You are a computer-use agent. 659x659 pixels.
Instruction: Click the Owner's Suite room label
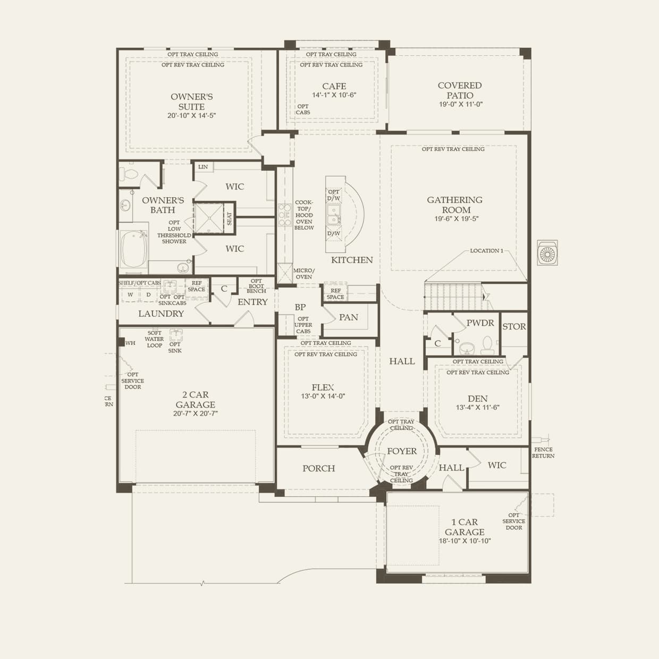tap(191, 102)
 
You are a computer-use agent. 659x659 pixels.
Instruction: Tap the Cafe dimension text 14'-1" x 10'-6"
tap(334, 95)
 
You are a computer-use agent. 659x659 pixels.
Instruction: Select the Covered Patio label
tap(460, 90)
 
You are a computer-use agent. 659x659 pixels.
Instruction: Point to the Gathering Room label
tap(455, 205)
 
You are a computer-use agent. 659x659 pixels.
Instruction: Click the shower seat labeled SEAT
tap(229, 218)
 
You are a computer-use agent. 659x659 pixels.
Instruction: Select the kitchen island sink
tap(334, 215)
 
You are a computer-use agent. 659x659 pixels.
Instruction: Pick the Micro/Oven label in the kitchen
tap(303, 274)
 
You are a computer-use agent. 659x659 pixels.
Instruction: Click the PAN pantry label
tap(349, 317)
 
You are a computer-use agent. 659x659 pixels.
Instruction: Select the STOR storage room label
tap(514, 327)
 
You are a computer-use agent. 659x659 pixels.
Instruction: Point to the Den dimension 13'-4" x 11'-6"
tap(477, 408)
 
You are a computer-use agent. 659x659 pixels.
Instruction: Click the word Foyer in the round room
tap(402, 451)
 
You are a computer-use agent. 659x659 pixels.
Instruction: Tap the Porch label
tap(319, 468)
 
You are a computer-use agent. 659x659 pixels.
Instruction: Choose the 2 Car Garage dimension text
tap(196, 413)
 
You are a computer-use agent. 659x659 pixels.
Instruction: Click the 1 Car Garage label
tap(464, 527)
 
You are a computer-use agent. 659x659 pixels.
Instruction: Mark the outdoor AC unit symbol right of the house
tap(547, 252)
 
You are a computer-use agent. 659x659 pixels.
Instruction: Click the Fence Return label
tap(543, 452)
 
